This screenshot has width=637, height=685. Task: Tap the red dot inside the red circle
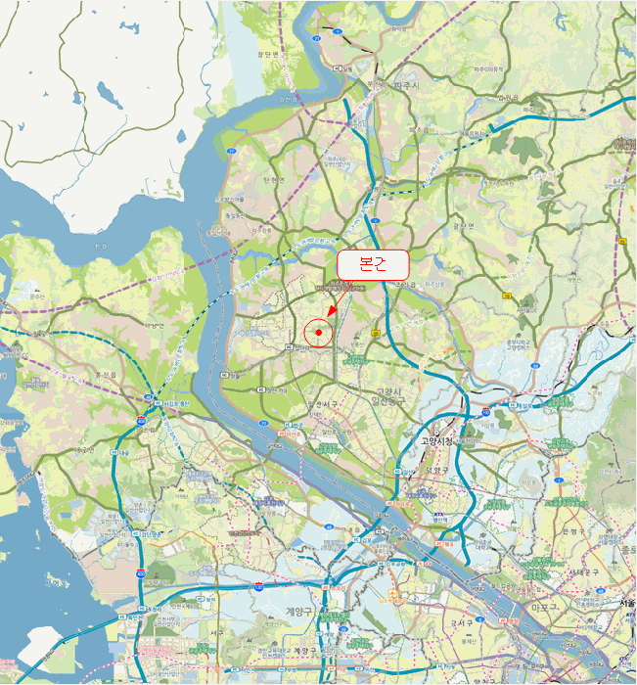tap(319, 333)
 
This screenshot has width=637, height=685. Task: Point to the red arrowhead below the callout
tap(332, 311)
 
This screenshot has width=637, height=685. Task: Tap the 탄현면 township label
tap(273, 180)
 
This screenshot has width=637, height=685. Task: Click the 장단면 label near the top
tap(268, 55)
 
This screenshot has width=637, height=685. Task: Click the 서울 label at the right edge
tap(626, 602)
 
